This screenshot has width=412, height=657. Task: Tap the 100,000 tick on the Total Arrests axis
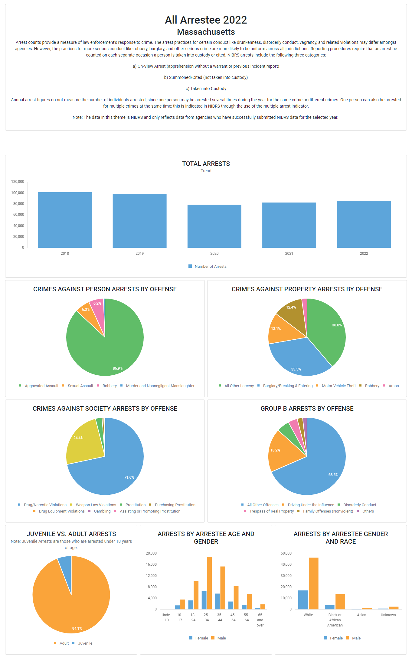coord(18,193)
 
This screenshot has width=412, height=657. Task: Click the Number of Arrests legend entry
coord(210,267)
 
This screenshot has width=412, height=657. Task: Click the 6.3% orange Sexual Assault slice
coord(85,311)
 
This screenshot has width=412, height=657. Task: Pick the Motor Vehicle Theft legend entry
coord(338,386)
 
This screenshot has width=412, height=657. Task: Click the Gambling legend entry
coord(102,511)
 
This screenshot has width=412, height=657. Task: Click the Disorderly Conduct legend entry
coord(359,505)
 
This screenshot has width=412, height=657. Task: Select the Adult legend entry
coord(64,643)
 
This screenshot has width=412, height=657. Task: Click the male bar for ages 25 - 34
coord(209,583)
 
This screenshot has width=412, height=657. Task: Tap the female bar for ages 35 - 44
coord(217,601)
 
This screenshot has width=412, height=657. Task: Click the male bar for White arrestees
coord(313,583)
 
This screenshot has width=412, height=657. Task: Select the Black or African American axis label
coord(335,620)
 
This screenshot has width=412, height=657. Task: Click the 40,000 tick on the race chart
coord(286,565)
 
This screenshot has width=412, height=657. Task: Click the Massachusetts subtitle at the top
coord(206,32)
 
